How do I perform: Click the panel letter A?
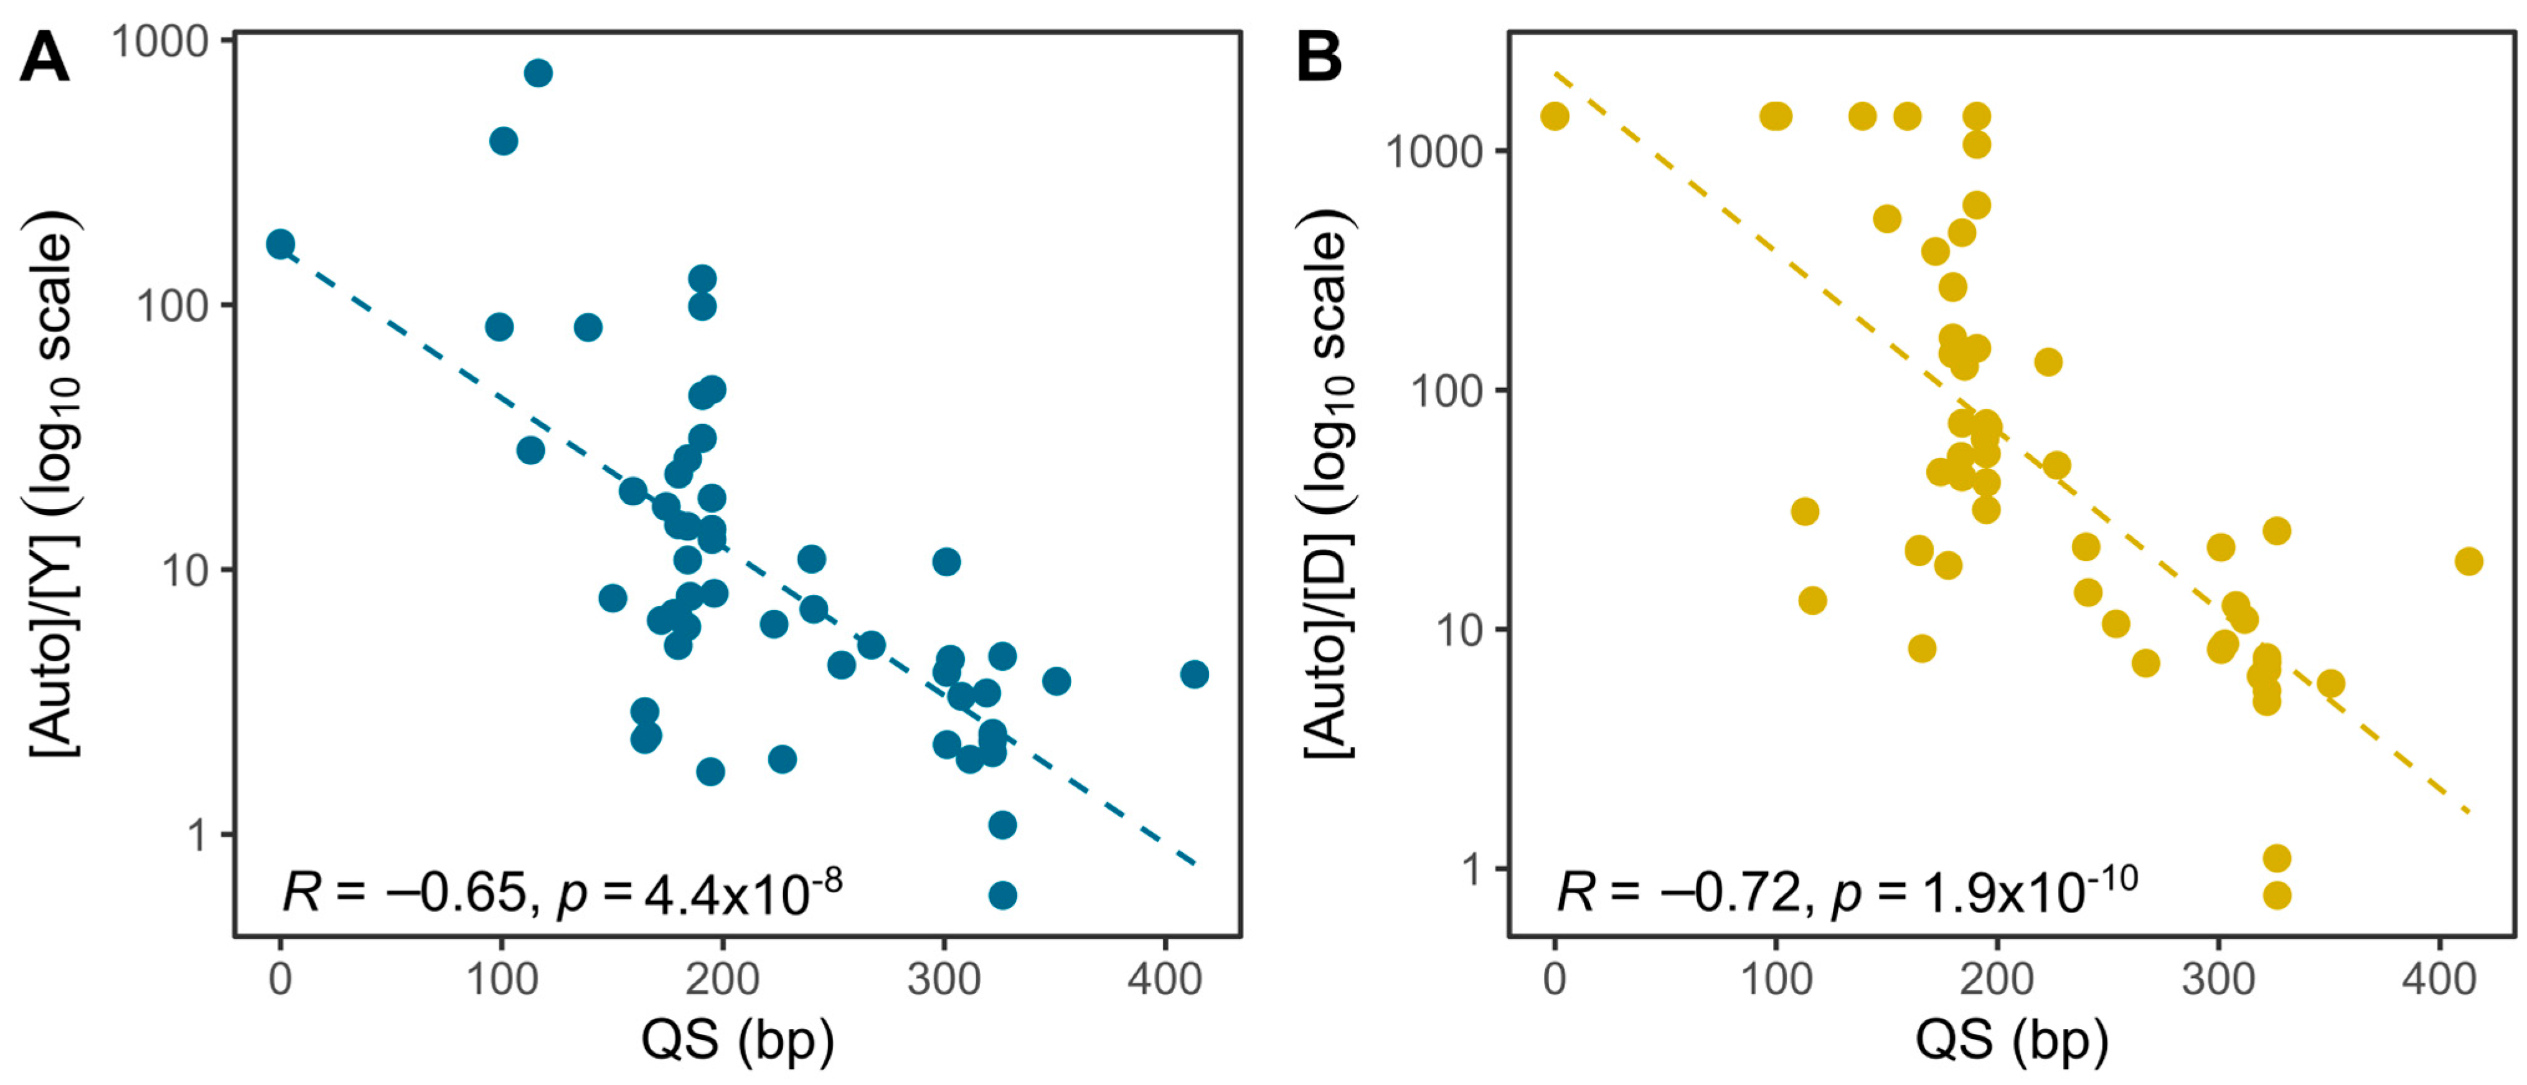pos(44,59)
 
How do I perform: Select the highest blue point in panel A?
pos(537,73)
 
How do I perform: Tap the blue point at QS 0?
pos(281,244)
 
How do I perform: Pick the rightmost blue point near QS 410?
pos(1194,674)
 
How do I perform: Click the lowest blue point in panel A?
pos(1002,894)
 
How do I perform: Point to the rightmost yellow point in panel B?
pos(2468,561)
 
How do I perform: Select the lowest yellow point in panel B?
pos(2276,894)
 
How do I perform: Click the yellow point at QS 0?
pos(1555,116)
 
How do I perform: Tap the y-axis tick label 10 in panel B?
pos(1460,630)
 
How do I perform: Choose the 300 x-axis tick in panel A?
pos(944,979)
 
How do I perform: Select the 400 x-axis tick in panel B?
pos(2439,979)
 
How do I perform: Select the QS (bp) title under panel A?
pos(738,1040)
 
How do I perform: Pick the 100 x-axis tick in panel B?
pos(1776,979)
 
